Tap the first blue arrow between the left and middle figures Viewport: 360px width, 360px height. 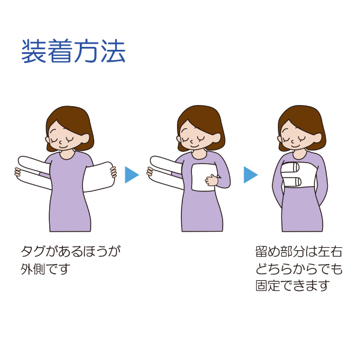tap(131, 175)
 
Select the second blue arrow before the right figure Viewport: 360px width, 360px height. tap(250, 175)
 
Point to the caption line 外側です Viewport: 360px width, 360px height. tap(46, 268)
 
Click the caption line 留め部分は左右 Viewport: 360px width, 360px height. tap(298, 251)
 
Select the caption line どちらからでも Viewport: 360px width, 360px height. tap(298, 268)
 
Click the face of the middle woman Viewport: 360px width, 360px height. tap(196, 137)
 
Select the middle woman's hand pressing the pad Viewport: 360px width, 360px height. tap(211, 179)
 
